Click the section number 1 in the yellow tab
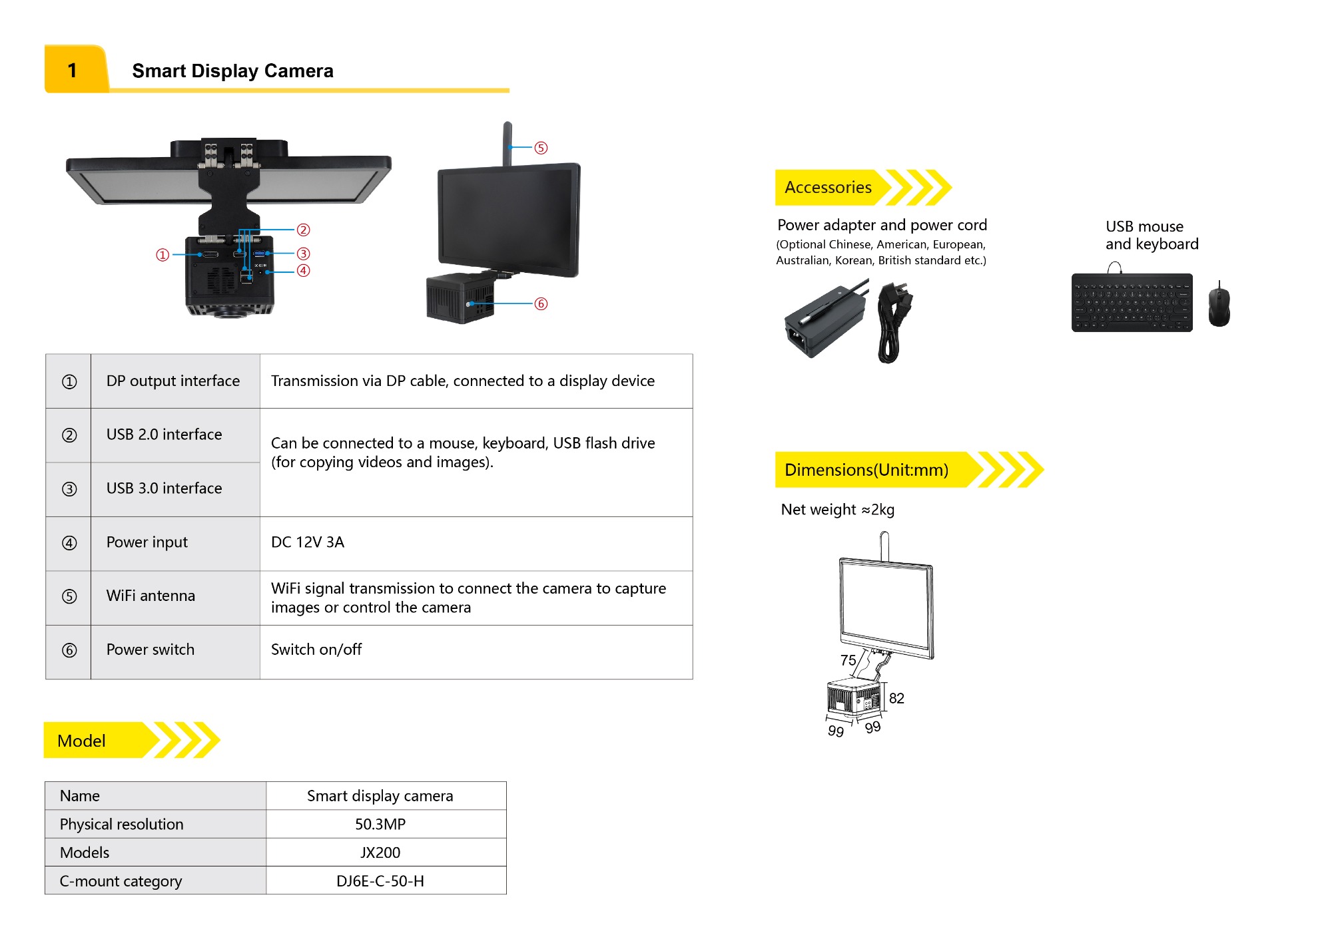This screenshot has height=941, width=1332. (73, 71)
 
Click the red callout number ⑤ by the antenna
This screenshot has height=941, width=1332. (541, 148)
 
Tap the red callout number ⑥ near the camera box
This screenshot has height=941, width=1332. (541, 304)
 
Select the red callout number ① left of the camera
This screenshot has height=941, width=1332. (163, 255)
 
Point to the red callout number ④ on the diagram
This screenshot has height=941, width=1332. (303, 271)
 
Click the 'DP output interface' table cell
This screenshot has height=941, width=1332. (173, 381)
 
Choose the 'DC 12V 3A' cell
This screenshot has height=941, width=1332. (308, 542)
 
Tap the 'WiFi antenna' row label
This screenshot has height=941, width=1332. (151, 596)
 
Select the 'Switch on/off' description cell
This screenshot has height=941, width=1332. (316, 650)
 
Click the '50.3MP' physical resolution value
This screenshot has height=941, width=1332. (380, 824)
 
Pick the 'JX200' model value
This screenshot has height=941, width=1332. (380, 852)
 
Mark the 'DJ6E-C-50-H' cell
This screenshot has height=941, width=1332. (380, 881)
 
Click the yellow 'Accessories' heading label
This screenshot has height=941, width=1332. (828, 188)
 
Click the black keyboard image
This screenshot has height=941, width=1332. (1132, 303)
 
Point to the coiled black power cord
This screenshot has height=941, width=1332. (891, 323)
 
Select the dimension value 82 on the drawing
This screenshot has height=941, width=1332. (896, 698)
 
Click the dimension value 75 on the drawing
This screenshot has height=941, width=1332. (848, 660)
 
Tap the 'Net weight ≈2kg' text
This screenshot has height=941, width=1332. (837, 510)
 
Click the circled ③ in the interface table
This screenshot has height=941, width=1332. (69, 489)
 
